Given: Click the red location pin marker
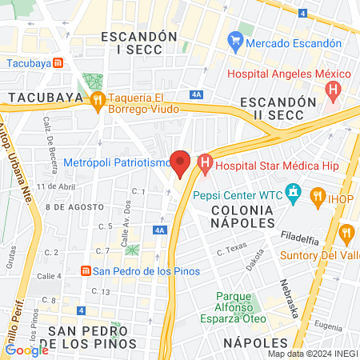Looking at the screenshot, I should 181,163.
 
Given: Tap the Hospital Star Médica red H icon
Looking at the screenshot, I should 205,166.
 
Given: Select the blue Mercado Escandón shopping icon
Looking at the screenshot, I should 235,39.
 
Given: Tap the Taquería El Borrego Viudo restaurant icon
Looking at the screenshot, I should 98,99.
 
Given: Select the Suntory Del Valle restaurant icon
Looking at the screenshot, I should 346,234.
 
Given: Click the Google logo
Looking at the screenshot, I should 26,350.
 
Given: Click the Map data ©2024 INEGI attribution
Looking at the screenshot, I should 312,353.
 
